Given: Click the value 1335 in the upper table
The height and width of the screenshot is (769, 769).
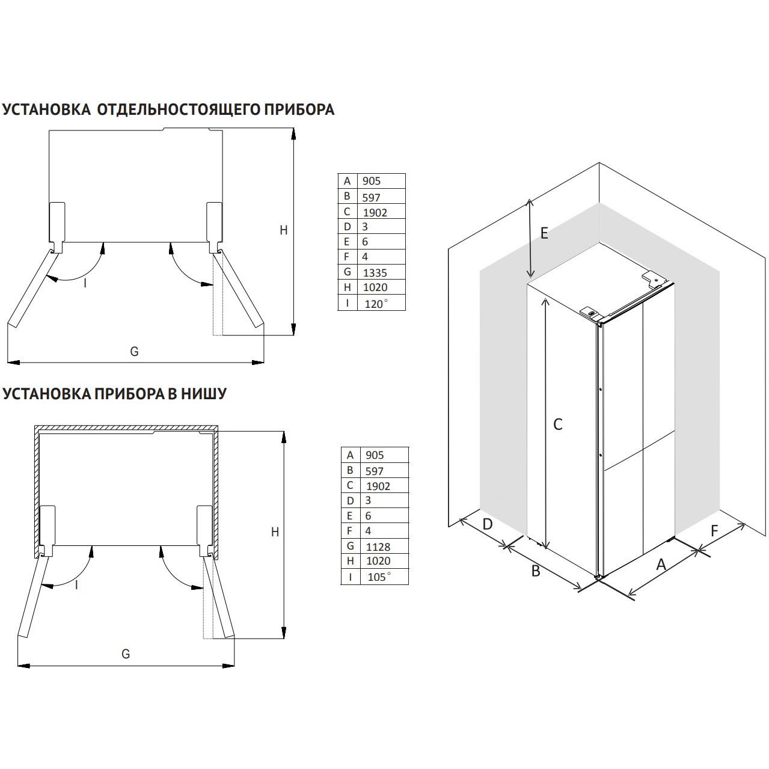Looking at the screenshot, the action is pyautogui.click(x=375, y=273).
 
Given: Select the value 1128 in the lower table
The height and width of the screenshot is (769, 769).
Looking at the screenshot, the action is pyautogui.click(x=378, y=547).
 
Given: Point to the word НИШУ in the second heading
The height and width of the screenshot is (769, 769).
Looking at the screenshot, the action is pyautogui.click(x=204, y=393).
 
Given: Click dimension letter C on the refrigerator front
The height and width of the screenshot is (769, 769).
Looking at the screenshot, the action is pyautogui.click(x=557, y=424).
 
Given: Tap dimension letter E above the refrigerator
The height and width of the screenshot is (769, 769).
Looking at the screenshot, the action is pyautogui.click(x=544, y=233).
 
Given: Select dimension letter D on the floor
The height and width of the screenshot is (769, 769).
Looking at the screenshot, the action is pyautogui.click(x=488, y=524).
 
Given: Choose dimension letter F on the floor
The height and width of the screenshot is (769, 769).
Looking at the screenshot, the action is pyautogui.click(x=714, y=531).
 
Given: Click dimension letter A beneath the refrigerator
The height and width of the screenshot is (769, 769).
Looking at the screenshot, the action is pyautogui.click(x=661, y=565).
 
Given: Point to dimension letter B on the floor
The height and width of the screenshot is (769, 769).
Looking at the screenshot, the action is pyautogui.click(x=536, y=571).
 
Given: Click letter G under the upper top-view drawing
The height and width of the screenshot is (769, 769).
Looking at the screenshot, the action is pyautogui.click(x=135, y=352).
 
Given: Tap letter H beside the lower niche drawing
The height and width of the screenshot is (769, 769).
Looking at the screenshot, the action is pyautogui.click(x=275, y=532).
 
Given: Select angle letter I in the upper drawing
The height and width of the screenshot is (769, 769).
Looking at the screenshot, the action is pyautogui.click(x=85, y=283).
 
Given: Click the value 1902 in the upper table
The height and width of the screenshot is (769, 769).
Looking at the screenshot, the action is pyautogui.click(x=375, y=212).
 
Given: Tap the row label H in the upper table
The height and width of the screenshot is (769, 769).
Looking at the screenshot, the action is pyautogui.click(x=347, y=287).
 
